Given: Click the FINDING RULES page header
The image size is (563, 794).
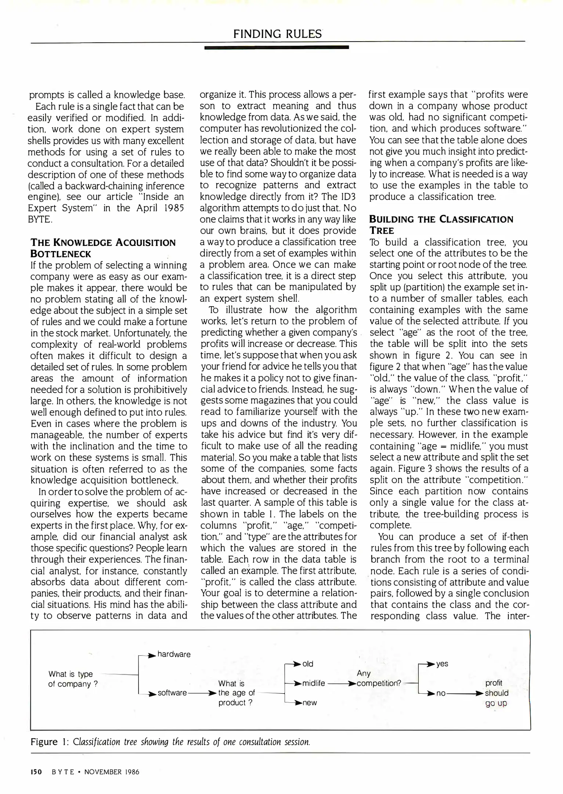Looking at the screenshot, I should tap(277, 34).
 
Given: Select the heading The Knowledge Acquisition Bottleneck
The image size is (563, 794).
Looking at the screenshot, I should tap(103, 248).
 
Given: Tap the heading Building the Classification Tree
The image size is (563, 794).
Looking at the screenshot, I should tap(441, 225).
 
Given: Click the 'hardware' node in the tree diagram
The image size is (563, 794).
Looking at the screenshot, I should tap(174, 654).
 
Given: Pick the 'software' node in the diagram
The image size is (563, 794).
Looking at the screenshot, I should tap(172, 693).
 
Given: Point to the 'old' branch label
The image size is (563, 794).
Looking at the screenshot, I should tap(308, 664).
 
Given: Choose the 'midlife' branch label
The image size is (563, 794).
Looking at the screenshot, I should tap(314, 683).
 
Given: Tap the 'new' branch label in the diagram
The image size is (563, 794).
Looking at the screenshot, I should tap(310, 703).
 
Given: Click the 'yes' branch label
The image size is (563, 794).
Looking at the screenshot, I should tap(442, 664).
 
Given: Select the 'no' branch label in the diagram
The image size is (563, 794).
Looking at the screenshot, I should tap(441, 693).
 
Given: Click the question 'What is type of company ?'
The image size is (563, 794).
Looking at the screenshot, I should tap(73, 679).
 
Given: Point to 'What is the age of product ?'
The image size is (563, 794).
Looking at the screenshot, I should tap(236, 693).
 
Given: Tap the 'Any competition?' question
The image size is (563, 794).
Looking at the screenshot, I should tap(379, 679).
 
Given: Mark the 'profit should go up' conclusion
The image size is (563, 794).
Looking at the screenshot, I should tap(497, 693).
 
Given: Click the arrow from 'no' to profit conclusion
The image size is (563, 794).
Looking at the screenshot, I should tap(465, 693).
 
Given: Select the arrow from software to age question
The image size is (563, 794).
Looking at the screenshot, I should tap(202, 693).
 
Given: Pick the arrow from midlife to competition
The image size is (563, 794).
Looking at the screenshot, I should tap(342, 683).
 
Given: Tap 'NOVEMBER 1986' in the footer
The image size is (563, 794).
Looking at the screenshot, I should tap(112, 772).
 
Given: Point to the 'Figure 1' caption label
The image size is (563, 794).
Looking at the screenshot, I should tap(49, 742).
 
